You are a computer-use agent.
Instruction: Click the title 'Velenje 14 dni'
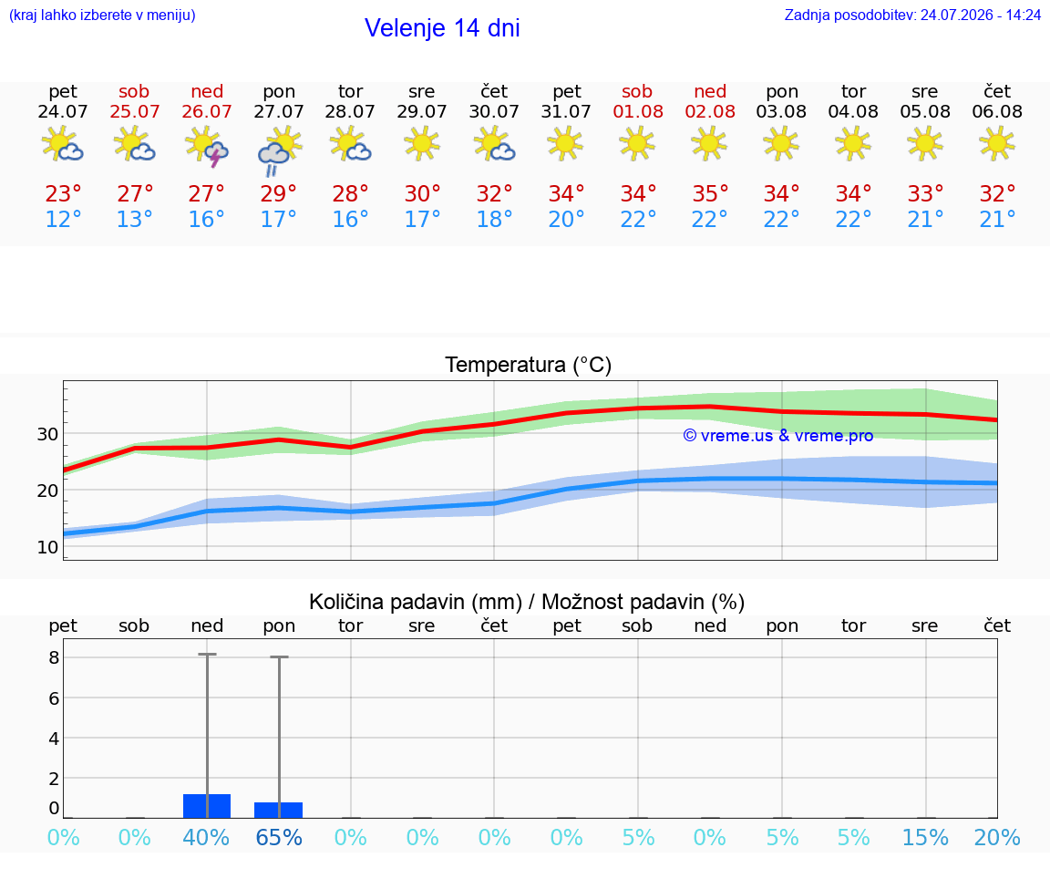(x=442, y=28)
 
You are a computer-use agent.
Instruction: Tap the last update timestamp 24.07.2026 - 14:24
(x=981, y=15)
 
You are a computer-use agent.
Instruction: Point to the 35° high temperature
(x=710, y=194)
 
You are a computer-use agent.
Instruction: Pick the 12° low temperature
(x=63, y=219)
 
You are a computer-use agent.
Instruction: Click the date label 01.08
(x=637, y=112)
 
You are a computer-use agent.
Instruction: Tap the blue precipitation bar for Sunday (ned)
(x=207, y=806)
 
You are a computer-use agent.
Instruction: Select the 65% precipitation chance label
(x=279, y=838)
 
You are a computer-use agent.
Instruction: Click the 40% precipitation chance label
(x=206, y=838)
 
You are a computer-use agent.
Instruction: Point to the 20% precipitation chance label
(x=997, y=838)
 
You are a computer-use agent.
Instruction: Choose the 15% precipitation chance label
(x=925, y=838)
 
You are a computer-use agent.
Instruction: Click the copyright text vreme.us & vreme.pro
(x=778, y=436)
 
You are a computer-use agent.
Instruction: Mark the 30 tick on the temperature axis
(x=47, y=434)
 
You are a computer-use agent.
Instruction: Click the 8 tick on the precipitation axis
(x=55, y=657)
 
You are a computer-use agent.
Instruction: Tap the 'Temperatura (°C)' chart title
(x=529, y=365)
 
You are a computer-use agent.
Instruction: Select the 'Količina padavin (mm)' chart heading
(x=416, y=602)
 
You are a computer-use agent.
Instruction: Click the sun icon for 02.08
(x=709, y=145)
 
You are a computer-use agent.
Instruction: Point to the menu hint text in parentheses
(x=102, y=15)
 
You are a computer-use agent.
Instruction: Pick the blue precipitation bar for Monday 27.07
(x=279, y=810)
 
